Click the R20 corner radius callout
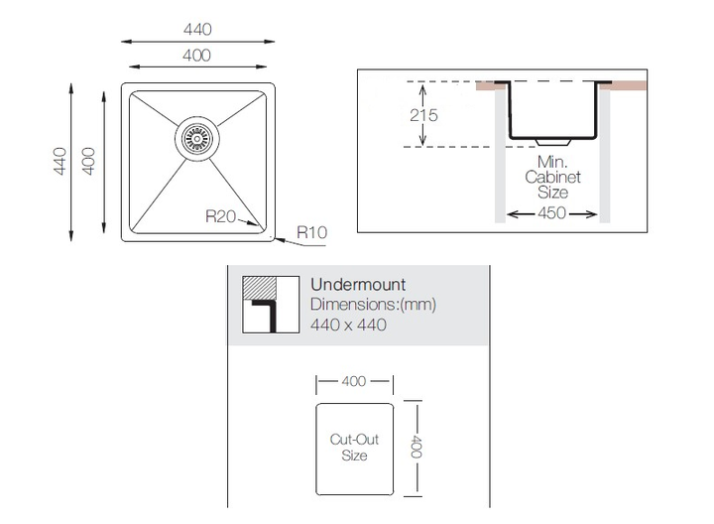click(220, 216)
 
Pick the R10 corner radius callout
click(312, 232)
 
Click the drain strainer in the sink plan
click(197, 138)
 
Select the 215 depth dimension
click(423, 115)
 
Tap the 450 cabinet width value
click(552, 213)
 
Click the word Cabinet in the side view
click(552, 177)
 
